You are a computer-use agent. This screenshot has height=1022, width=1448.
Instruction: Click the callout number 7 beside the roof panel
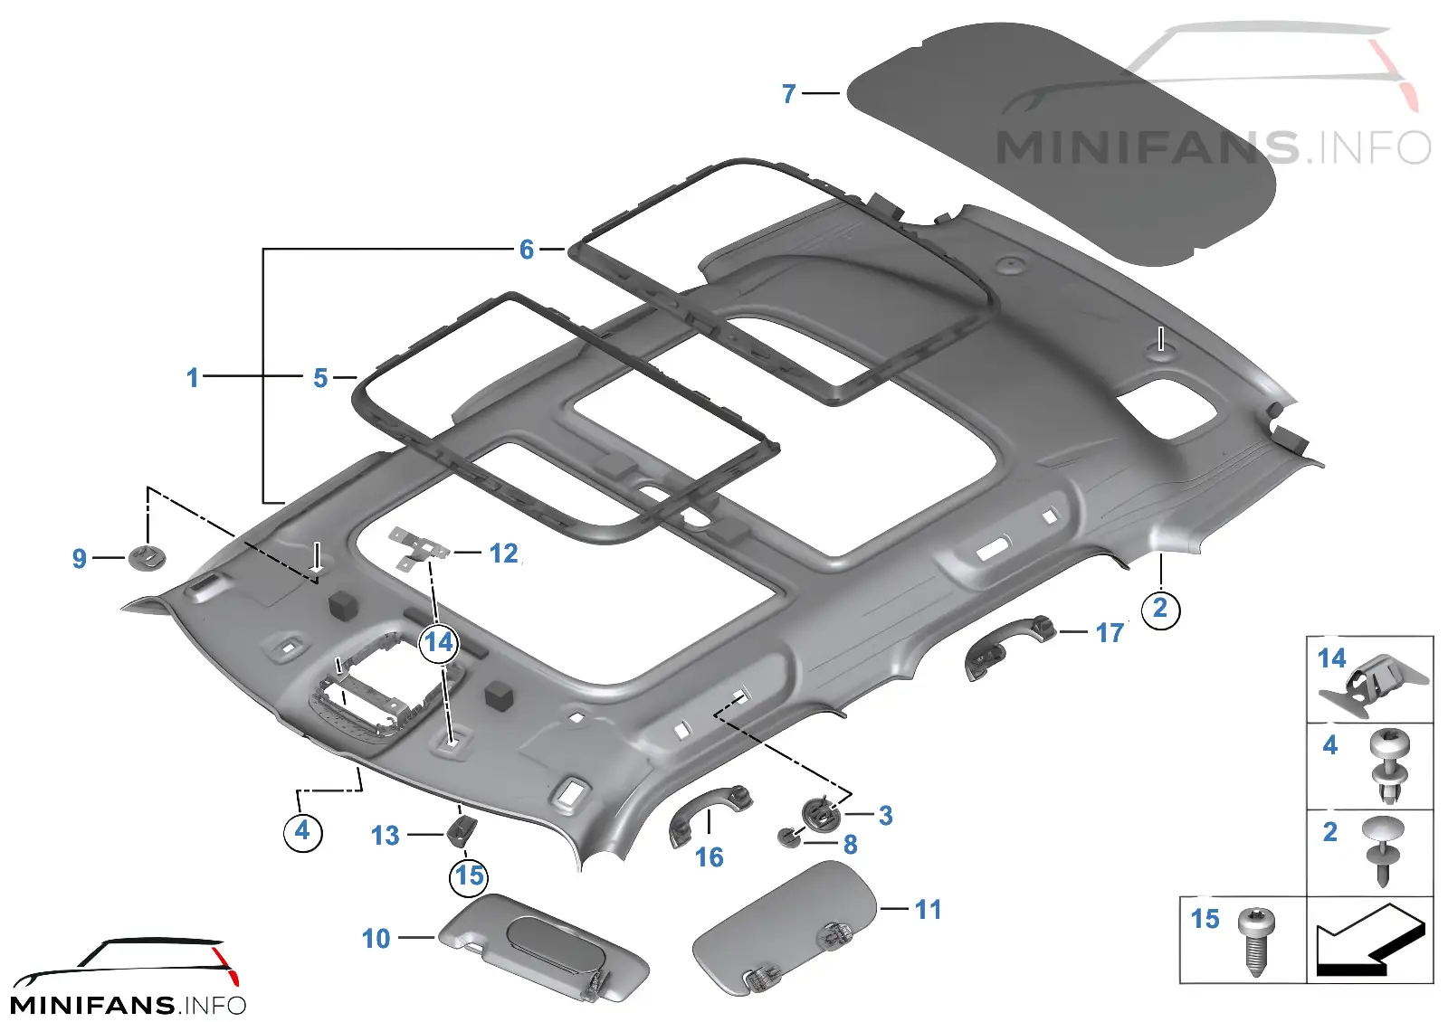coord(788,94)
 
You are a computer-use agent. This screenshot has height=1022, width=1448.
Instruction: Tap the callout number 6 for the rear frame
coord(527,250)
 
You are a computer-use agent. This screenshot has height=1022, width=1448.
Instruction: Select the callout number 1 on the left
coord(192,378)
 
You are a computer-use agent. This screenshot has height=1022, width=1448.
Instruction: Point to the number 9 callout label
coord(79,559)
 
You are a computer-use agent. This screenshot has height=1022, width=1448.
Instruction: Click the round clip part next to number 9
coord(148,557)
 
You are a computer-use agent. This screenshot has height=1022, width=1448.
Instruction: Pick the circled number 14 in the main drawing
coord(439,643)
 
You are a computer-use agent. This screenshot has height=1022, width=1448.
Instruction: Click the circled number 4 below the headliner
coord(302,831)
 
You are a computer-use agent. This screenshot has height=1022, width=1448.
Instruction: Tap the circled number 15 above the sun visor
coord(470,876)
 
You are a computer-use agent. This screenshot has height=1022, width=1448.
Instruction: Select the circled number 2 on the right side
coord(1160,609)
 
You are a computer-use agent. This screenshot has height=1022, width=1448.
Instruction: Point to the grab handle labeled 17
coord(1009,647)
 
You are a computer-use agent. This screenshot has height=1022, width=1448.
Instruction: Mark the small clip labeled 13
coord(462,830)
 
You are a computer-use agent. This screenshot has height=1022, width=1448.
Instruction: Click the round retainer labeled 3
coord(820,816)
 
